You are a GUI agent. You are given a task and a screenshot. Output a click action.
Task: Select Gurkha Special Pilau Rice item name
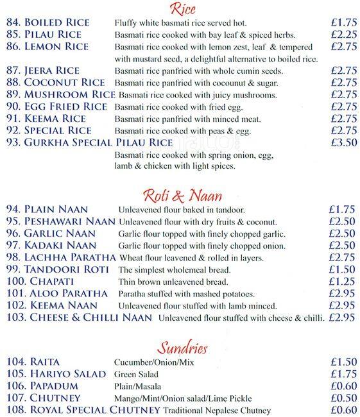pos(98,142)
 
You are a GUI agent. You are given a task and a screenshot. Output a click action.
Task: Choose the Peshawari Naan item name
pos(70,221)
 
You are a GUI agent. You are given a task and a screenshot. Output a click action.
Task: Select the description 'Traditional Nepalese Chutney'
pos(217,411)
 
